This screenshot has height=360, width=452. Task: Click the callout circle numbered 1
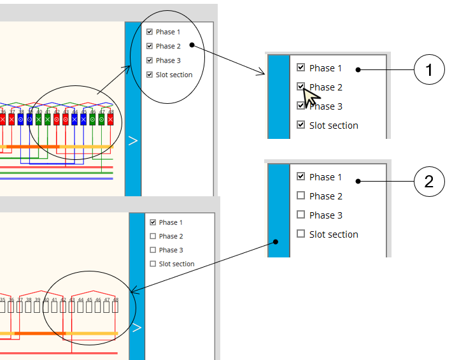(429, 70)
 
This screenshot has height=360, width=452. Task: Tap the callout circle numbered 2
(429, 182)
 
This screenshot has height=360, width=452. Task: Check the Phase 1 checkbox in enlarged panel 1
(301, 68)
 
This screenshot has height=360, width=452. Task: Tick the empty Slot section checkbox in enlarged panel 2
(301, 234)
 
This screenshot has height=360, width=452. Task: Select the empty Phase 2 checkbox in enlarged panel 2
(301, 196)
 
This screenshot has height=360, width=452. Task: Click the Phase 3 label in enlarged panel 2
(325, 215)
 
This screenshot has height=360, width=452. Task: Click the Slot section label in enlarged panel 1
(334, 126)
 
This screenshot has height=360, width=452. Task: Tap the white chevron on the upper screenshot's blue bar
(132, 141)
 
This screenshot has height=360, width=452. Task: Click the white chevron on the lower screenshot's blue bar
(136, 328)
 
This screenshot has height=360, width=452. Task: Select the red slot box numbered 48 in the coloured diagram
(110, 119)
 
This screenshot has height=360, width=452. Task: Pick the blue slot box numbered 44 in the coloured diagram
(74, 119)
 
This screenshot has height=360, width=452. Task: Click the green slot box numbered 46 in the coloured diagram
(92, 119)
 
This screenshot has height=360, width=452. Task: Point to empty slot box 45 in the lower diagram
(89, 306)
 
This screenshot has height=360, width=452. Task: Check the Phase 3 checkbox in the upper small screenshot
(149, 61)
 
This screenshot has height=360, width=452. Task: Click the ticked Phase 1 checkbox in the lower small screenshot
(153, 222)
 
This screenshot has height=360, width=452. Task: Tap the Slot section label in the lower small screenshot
(176, 264)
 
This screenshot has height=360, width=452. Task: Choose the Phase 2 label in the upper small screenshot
(168, 46)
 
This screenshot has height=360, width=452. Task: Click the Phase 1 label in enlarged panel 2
(325, 177)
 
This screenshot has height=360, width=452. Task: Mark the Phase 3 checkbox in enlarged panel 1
(301, 106)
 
